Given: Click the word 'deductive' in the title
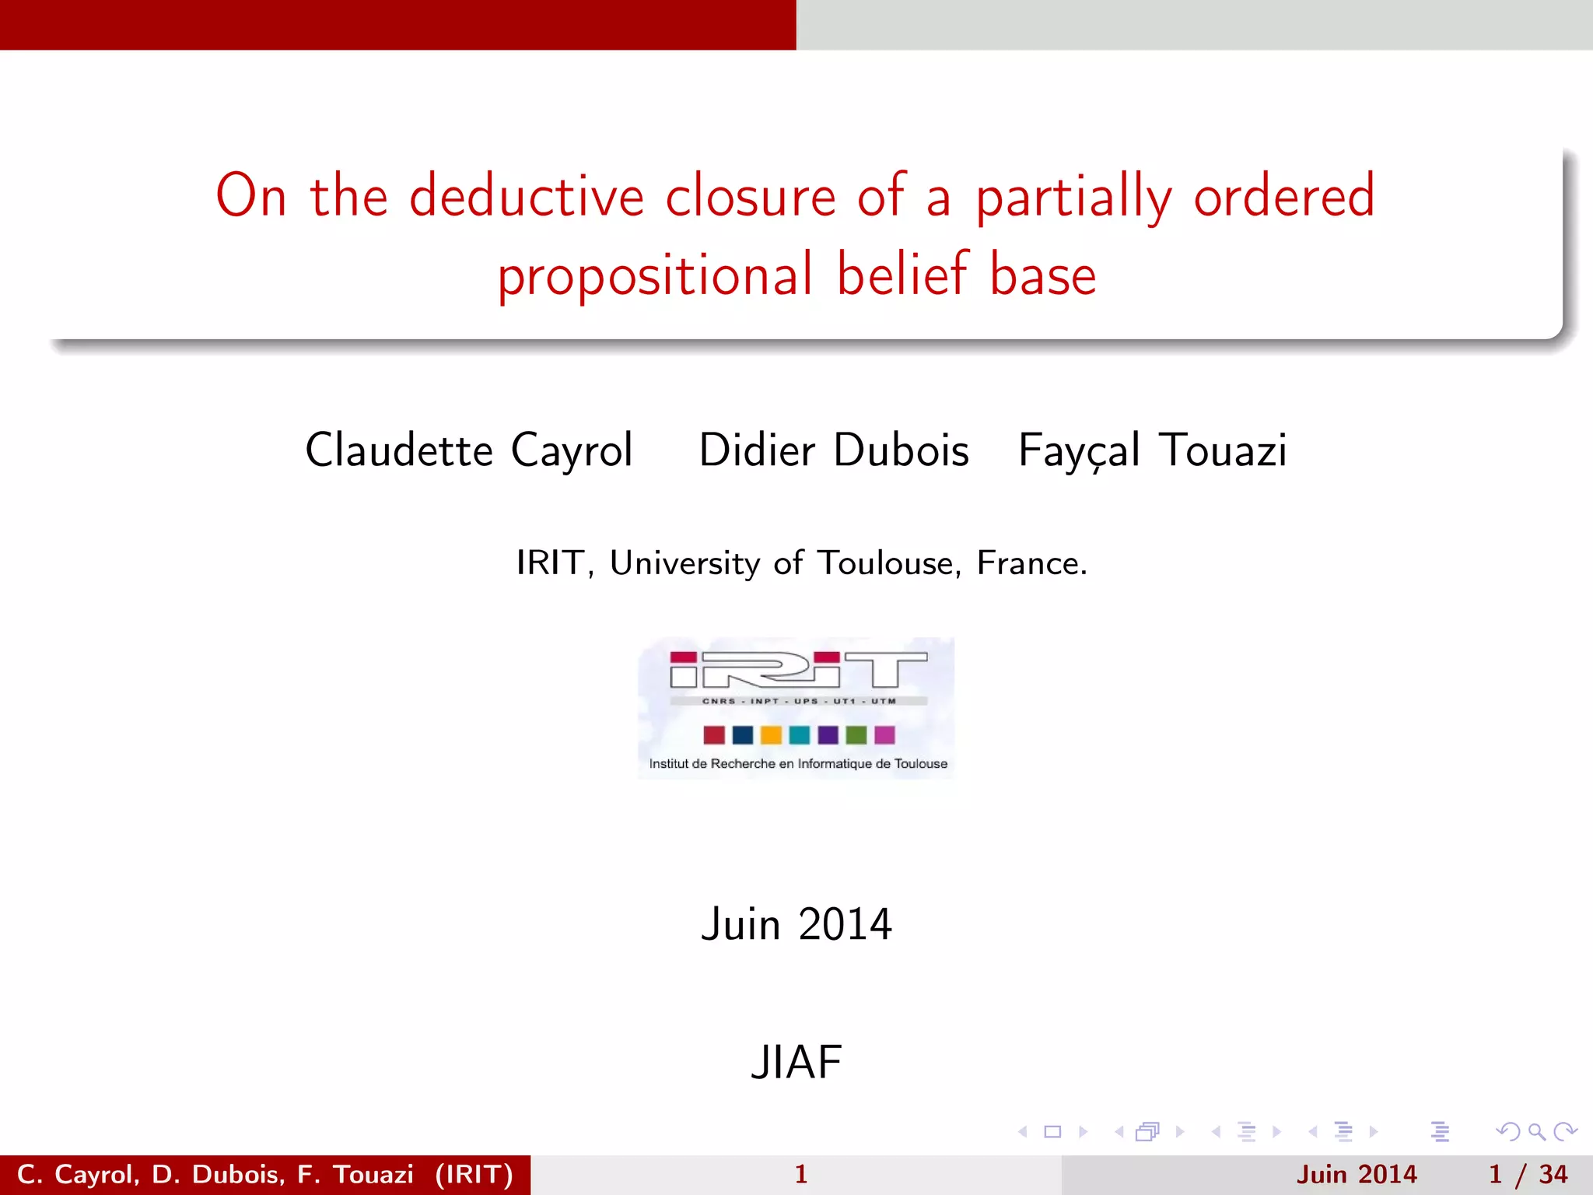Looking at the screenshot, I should click(x=526, y=196).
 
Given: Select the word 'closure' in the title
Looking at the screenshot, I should click(x=750, y=196).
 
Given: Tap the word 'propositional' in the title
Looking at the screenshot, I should click(x=655, y=276).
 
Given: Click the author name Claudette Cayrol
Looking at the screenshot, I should click(x=469, y=450).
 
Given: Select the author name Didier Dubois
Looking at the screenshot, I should click(x=834, y=450).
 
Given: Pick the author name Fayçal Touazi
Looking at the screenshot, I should click(x=1152, y=450).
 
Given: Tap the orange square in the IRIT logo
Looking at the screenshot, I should click(x=771, y=735).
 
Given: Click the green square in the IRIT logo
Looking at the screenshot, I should click(x=856, y=735).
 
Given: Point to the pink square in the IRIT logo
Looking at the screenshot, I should click(x=884, y=735).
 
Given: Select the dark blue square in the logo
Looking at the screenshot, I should click(x=743, y=735).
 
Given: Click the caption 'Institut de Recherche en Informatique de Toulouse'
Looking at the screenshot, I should click(x=798, y=764).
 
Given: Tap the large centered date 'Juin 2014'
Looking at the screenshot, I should click(x=796, y=924).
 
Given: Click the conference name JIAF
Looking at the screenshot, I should click(x=796, y=1063).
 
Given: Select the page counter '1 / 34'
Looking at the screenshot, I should click(x=1528, y=1174).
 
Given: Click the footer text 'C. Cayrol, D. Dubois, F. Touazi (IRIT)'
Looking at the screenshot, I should click(x=265, y=1174).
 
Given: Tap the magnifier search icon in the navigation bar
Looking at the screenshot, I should click(x=1536, y=1132).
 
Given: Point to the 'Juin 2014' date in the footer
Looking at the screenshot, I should click(x=1357, y=1174).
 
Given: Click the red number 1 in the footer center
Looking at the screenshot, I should click(x=801, y=1174).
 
